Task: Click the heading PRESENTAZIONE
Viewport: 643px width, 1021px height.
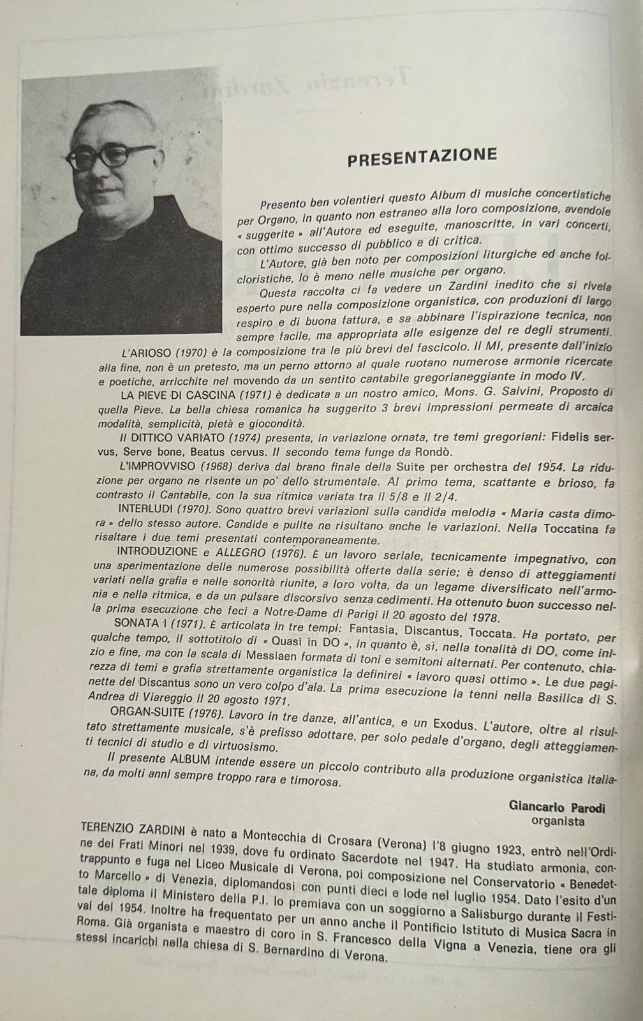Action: pos(422,156)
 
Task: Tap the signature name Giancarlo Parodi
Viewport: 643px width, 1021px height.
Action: pos(557,807)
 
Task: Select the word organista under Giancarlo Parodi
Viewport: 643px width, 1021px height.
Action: pos(558,821)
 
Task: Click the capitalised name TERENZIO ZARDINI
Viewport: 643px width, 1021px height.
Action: pos(133,830)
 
